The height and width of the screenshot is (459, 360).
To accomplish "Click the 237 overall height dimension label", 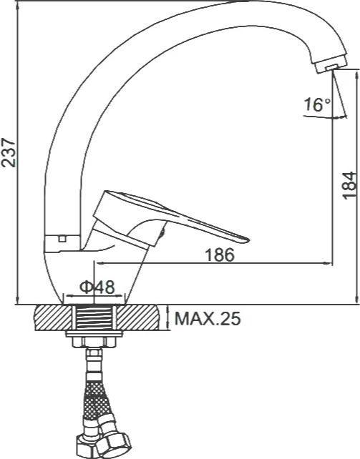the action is click(8, 153).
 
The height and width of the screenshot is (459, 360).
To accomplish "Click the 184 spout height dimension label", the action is click(350, 186).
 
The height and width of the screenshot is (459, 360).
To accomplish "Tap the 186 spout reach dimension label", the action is click(220, 255).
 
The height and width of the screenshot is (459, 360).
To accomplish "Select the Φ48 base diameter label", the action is click(97, 287).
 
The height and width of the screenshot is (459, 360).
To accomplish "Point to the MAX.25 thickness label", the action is click(208, 318).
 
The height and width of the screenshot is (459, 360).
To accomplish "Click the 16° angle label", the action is click(318, 104).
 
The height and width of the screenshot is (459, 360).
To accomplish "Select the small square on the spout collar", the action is click(62, 239).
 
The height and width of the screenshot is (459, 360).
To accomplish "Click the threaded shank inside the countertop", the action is click(94, 317).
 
